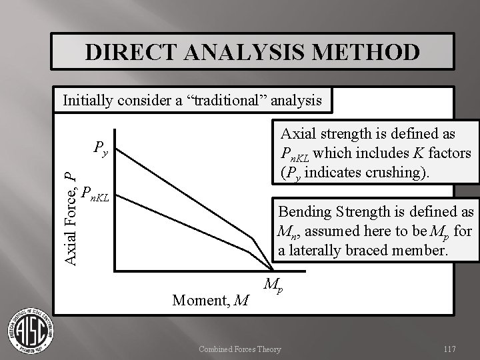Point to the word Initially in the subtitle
(x=88, y=101)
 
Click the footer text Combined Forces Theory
(x=239, y=349)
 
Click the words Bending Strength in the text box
(x=333, y=212)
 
